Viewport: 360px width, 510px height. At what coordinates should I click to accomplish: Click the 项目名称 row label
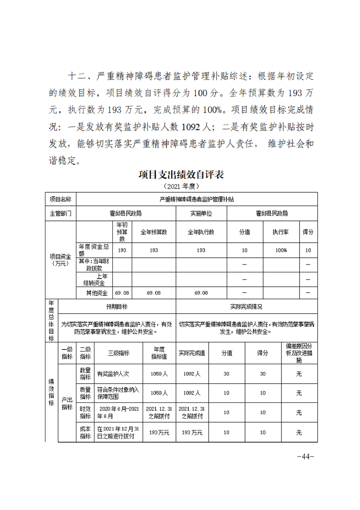tap(60, 199)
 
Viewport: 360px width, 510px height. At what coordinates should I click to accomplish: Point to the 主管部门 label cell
tap(60, 213)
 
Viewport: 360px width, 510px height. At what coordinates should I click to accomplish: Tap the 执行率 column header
tap(281, 232)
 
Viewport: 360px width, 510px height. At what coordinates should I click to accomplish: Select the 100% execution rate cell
tap(281, 250)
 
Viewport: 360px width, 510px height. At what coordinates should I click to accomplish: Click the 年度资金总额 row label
tap(94, 250)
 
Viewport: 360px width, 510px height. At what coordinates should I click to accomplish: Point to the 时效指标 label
tap(85, 412)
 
